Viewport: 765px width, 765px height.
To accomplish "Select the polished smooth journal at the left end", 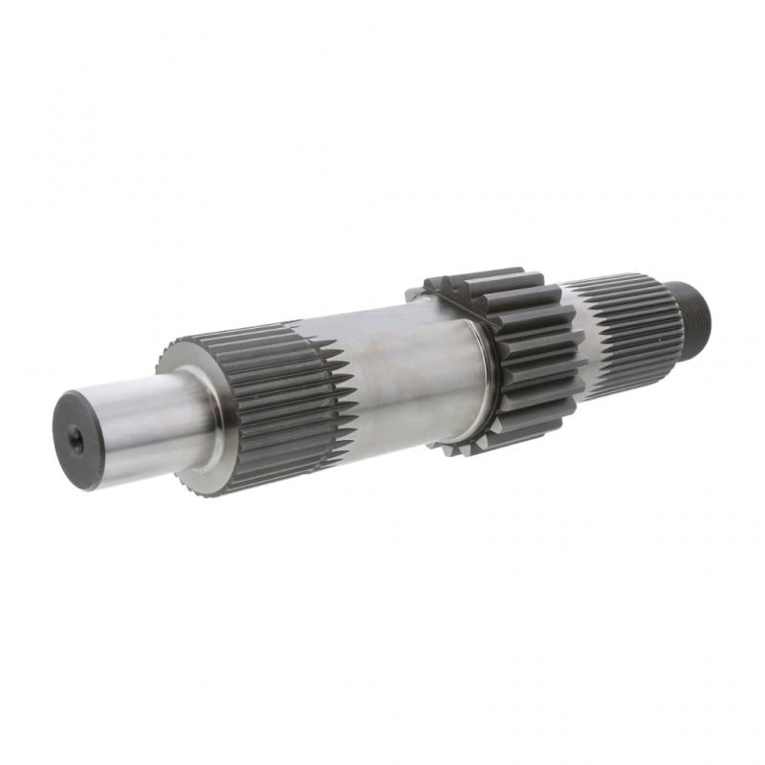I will tap(143, 426).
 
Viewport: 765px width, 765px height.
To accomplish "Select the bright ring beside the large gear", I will tap(483, 378).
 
